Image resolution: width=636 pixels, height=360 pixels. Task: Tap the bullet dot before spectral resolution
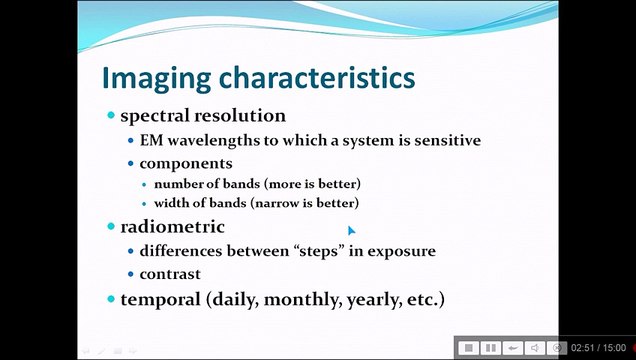tap(111, 116)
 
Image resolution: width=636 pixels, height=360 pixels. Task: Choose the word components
tap(186, 163)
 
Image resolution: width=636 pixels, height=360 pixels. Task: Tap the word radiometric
tap(172, 227)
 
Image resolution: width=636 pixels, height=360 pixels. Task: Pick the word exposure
tap(401, 251)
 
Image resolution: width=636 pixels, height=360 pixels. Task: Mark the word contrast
tap(170, 274)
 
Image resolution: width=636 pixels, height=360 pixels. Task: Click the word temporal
tap(160, 299)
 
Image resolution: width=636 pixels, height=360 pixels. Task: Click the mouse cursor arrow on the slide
tap(351, 230)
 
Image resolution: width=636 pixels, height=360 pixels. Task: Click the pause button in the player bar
tap(490, 348)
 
